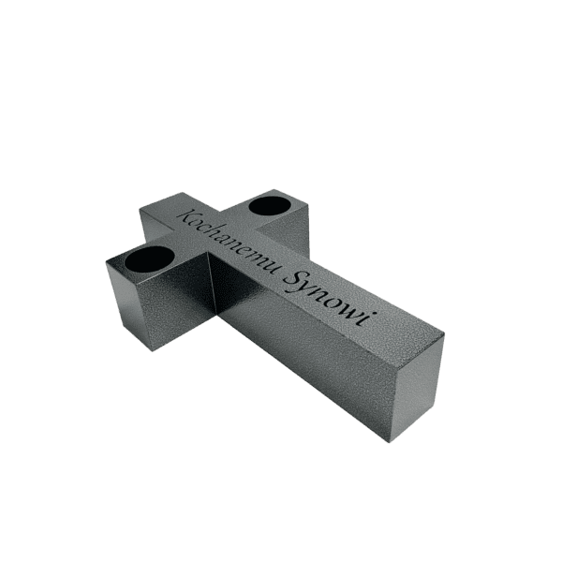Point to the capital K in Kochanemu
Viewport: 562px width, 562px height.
click(188, 217)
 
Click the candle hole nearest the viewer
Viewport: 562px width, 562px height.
click(150, 259)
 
